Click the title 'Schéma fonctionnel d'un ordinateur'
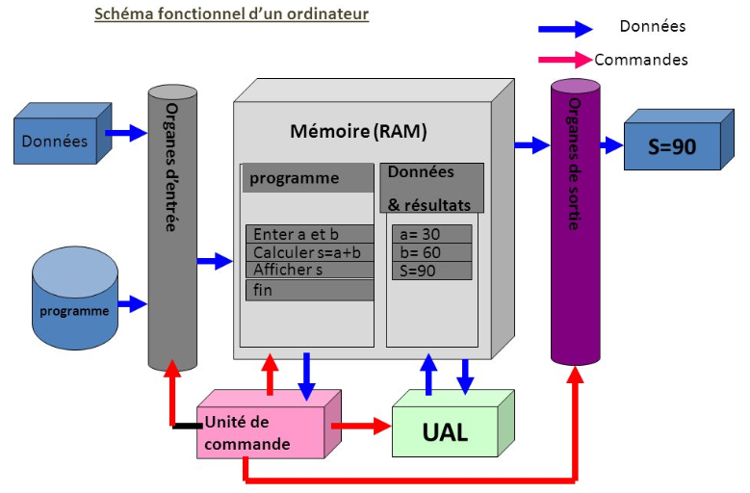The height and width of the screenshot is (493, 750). point(231,14)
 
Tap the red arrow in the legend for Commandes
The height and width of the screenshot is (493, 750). point(565,59)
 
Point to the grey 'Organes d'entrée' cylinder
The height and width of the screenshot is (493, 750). point(170,226)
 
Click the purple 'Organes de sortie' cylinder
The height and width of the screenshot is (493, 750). point(575,221)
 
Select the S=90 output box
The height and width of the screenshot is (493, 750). point(671,147)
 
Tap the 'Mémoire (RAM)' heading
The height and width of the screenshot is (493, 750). point(358,130)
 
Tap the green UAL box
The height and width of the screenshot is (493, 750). point(446,431)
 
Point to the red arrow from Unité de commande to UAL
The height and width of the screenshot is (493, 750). point(361,424)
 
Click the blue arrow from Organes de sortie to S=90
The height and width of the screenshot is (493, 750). point(610,145)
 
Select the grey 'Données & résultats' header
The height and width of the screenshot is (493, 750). point(431,188)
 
